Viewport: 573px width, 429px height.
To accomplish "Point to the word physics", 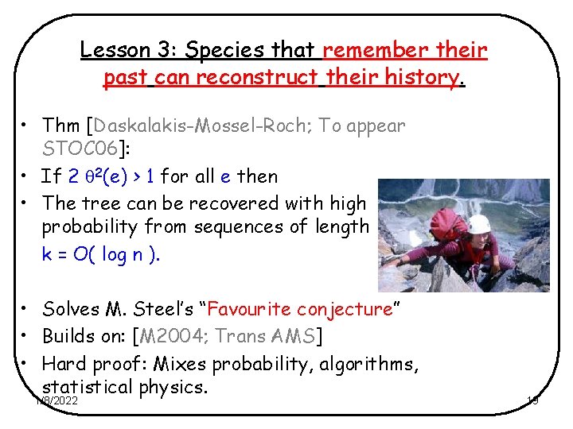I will tap(171, 388).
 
